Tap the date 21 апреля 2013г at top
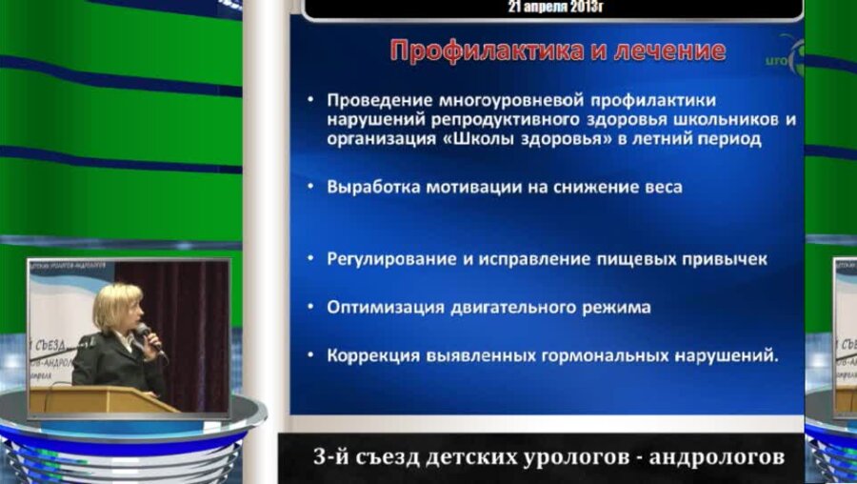click(x=557, y=7)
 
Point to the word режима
click(x=616, y=308)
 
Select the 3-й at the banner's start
click(x=329, y=457)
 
